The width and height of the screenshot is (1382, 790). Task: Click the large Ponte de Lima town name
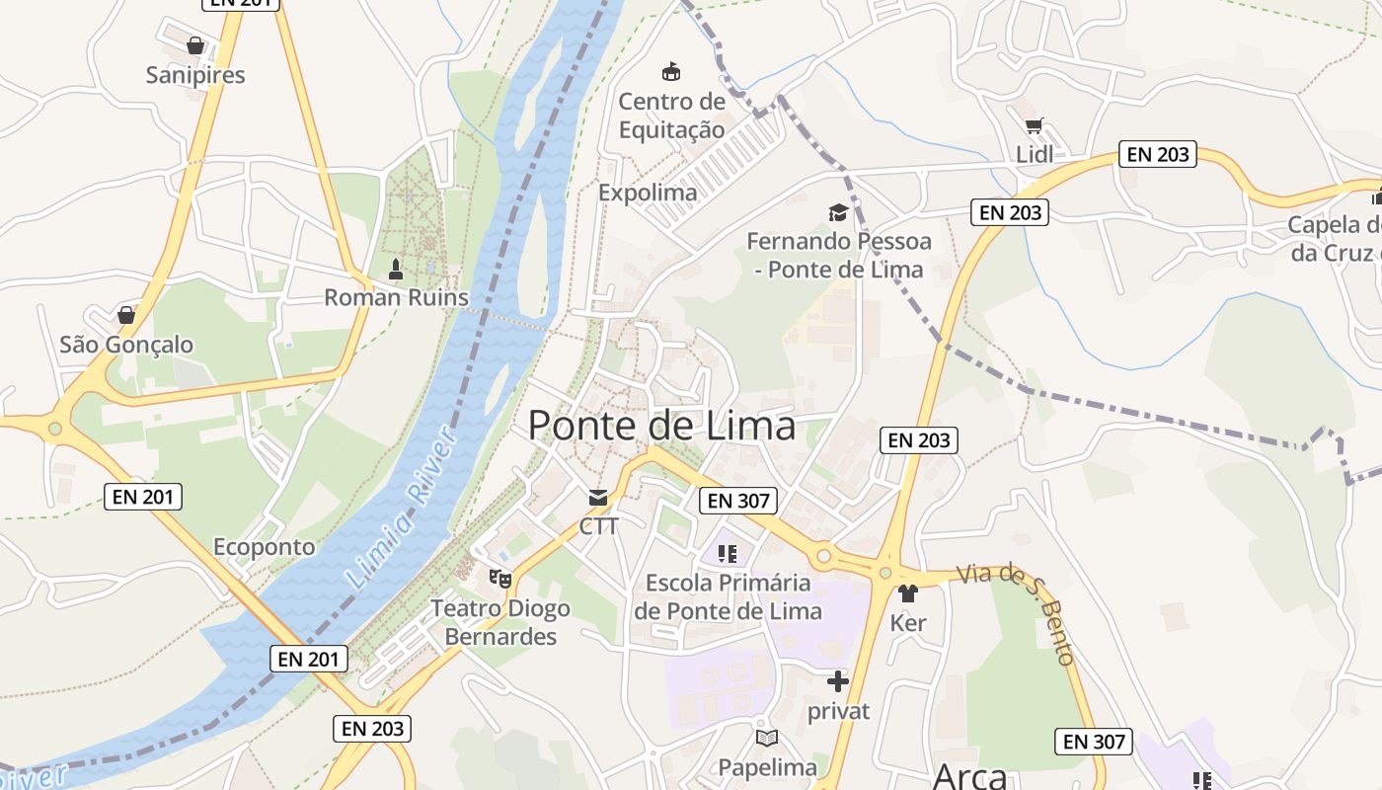pos(661,426)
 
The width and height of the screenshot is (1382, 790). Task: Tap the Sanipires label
pos(195,75)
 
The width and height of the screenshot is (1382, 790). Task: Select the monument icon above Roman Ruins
pos(396,269)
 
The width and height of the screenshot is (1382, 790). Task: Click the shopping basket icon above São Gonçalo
pos(126,315)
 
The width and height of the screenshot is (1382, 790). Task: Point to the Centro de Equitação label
pos(671,116)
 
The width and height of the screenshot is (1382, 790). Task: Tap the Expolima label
pos(648,193)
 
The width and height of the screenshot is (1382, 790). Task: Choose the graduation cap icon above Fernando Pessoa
pos(838,212)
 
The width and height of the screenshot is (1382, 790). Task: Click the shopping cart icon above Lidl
pos(1034,126)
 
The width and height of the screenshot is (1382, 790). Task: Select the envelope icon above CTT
pos(598,497)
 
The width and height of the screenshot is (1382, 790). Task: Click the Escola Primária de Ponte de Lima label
pos(729,596)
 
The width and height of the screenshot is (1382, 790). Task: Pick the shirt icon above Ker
pos(908,593)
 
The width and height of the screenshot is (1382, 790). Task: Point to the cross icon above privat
pos(838,681)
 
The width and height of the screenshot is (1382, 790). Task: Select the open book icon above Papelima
pos(767,738)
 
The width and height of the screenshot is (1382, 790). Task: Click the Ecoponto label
pos(265,547)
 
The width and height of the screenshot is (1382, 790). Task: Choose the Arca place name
pos(969,776)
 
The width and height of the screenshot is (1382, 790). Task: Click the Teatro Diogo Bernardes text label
pos(500,622)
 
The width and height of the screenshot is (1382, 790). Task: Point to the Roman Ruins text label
pos(396,297)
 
